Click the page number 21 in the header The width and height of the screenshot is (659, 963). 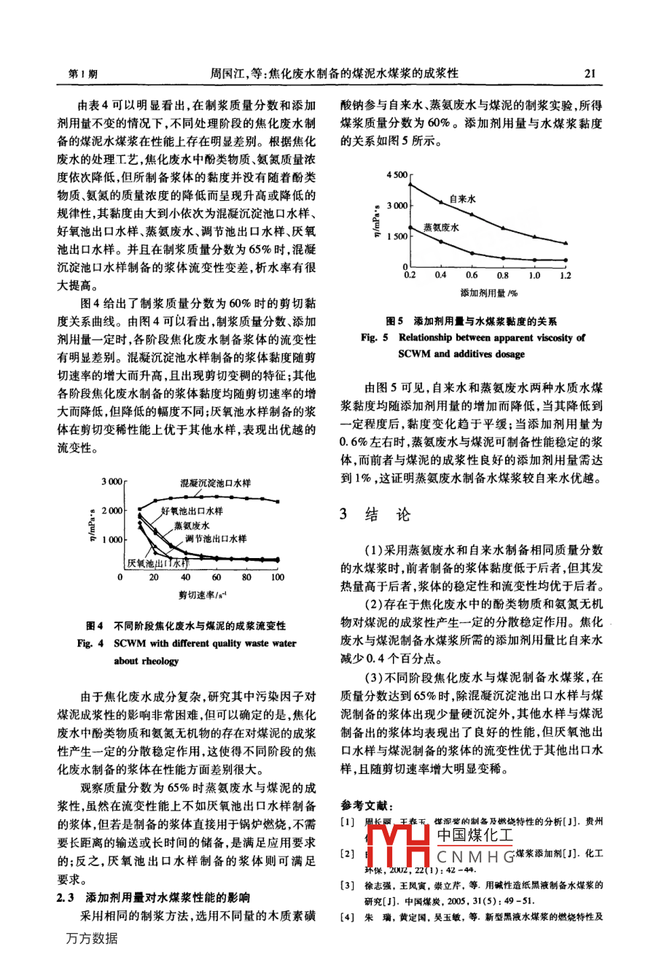point(590,73)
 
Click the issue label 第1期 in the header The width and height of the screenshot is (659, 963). point(82,74)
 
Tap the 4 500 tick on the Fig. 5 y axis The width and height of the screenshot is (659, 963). point(397,175)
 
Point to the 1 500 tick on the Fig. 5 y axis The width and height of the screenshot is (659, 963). point(397,237)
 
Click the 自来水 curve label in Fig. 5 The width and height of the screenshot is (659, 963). point(462,198)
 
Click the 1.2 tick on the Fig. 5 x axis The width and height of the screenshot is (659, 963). point(566,275)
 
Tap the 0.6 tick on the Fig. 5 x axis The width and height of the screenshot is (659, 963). point(472,275)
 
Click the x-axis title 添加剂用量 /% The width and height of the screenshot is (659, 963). point(488,293)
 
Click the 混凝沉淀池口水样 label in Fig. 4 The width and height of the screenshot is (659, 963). point(216,483)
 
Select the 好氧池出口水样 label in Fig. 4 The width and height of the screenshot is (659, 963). point(192,511)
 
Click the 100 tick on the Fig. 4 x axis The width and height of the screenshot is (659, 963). point(278,577)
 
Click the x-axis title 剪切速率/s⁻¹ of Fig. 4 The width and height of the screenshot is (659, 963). point(202,595)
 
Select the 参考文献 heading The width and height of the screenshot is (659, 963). point(367,805)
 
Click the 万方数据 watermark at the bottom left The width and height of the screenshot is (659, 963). point(90,938)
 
